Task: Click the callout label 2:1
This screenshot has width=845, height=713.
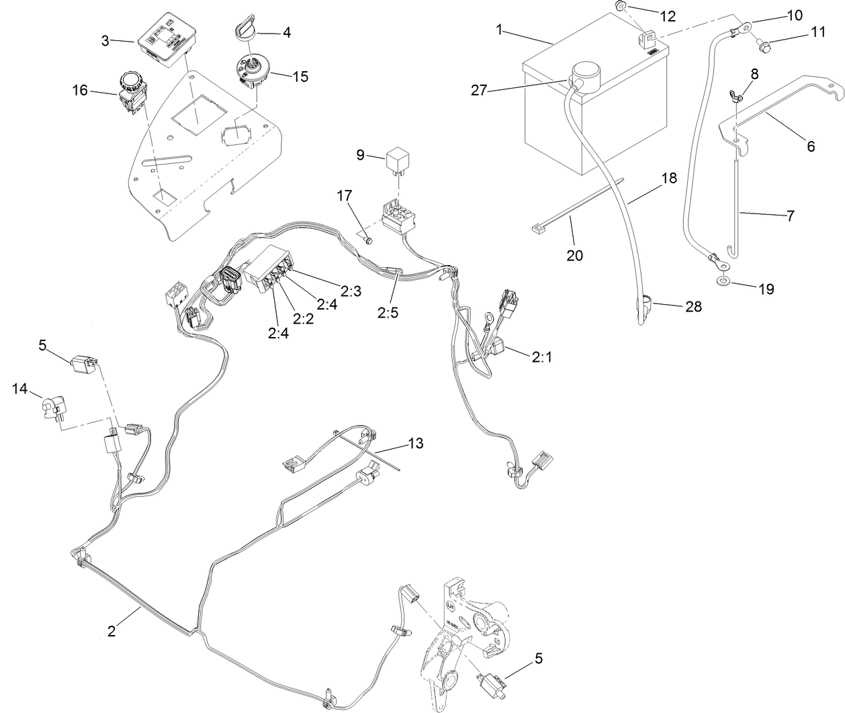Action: tap(541, 358)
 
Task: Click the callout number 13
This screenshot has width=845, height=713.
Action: tap(416, 444)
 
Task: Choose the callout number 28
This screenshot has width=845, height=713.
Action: tap(693, 307)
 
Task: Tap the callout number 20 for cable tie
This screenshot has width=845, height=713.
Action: tap(575, 255)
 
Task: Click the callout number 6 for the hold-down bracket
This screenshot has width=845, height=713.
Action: tap(811, 146)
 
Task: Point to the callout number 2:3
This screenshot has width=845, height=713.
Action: tap(351, 290)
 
